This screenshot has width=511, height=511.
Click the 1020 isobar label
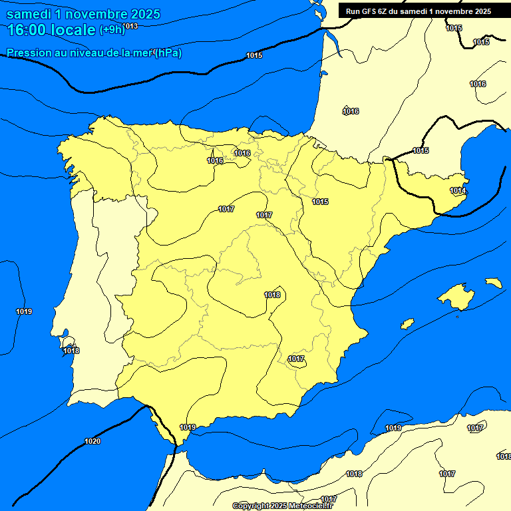pyautogui.click(x=92, y=441)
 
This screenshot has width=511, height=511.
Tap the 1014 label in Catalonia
pyautogui.click(x=457, y=191)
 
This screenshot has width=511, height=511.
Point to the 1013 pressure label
pyautogui.click(x=130, y=26)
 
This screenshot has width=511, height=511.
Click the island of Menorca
pyautogui.click(x=493, y=283)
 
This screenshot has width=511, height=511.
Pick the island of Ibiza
pyautogui.click(x=407, y=323)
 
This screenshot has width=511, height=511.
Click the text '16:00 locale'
pyautogui.click(x=51, y=29)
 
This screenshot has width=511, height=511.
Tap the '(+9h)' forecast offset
pyautogui.click(x=111, y=29)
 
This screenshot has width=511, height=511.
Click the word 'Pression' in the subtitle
pyautogui.click(x=27, y=53)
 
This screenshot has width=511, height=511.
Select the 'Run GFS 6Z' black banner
pyautogui.click(x=419, y=11)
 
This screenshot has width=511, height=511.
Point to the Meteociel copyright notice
pyautogui.click(x=282, y=506)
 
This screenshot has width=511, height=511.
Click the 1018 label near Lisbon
pyautogui.click(x=71, y=351)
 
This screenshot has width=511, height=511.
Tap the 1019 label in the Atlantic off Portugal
pyautogui.click(x=24, y=311)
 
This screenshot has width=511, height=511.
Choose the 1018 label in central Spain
pyautogui.click(x=272, y=295)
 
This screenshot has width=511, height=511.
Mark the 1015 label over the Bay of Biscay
pyautogui.click(x=254, y=55)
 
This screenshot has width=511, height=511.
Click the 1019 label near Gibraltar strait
pyautogui.click(x=188, y=427)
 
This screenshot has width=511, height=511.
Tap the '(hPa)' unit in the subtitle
pyautogui.click(x=168, y=53)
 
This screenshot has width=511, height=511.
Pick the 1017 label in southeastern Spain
pyautogui.click(x=296, y=359)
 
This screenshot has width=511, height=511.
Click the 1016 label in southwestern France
pyautogui.click(x=351, y=111)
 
